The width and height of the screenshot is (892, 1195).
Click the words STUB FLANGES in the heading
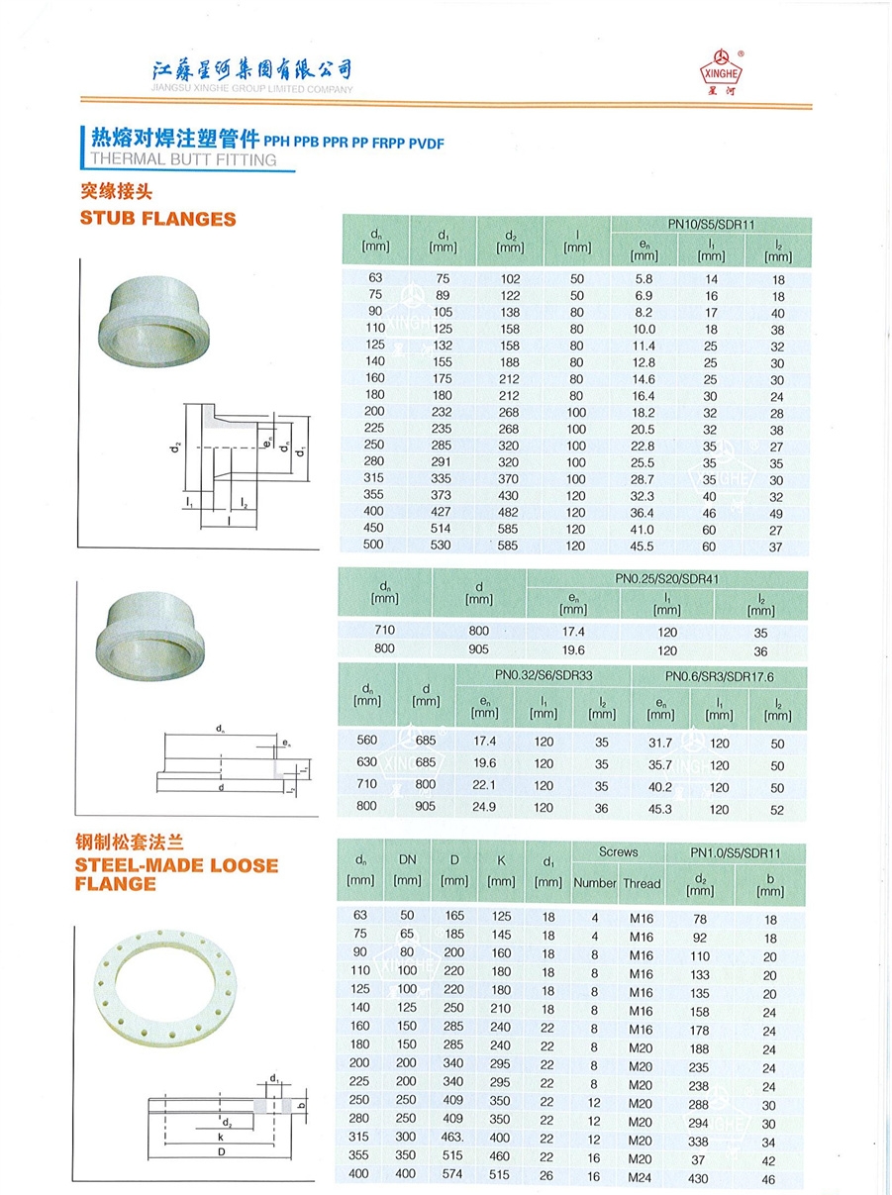click(157, 219)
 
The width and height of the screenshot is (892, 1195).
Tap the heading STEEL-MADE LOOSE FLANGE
click(176, 874)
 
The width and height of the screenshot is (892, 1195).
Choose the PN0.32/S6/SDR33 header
click(544, 674)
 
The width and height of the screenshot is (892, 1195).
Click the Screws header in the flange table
click(618, 852)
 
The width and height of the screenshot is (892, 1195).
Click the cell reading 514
click(443, 530)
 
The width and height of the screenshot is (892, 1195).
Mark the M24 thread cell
click(641, 1176)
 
